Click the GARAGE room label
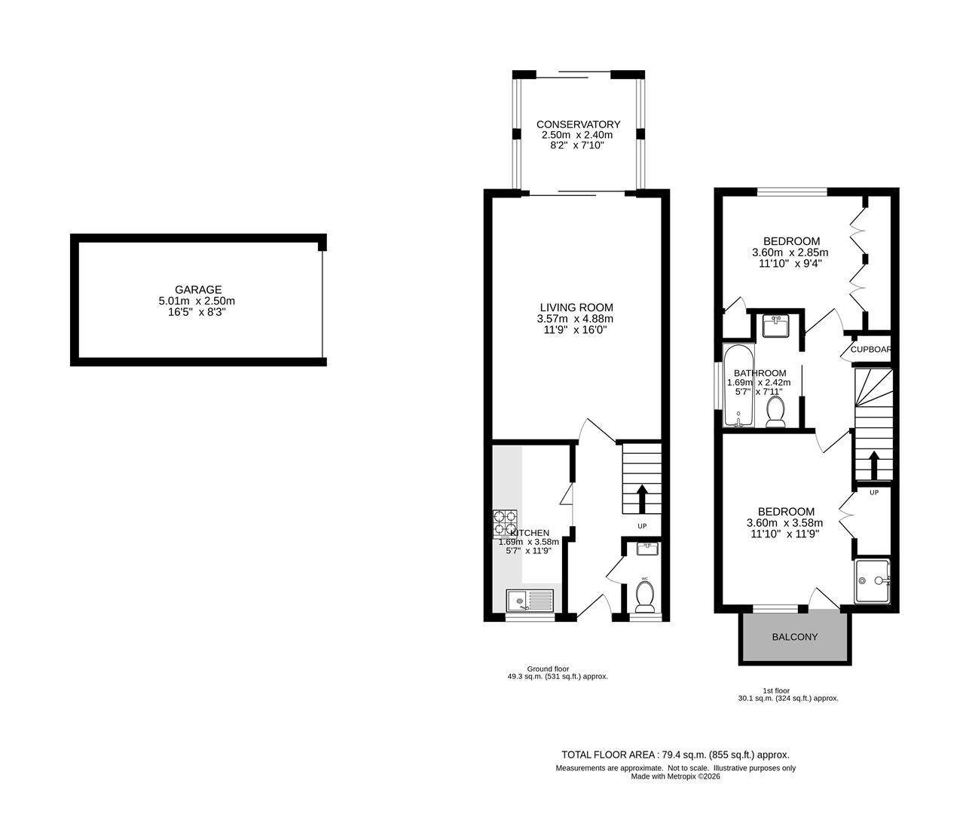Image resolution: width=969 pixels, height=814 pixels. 198,289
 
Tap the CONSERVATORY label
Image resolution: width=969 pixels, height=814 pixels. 578,124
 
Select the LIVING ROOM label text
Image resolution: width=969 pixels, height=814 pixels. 576,308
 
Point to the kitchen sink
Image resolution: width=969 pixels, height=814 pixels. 529,601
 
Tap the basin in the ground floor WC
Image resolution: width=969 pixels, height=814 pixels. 647,549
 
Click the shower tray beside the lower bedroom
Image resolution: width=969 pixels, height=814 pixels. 873,580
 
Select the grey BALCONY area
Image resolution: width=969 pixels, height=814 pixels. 794,638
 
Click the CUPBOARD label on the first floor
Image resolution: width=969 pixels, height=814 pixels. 871,350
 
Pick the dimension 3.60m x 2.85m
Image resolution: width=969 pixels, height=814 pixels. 790,252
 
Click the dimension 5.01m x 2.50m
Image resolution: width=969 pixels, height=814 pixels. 198,301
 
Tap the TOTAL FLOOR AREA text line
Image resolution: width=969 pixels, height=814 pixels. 675,754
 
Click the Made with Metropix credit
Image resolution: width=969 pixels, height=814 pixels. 675,776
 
